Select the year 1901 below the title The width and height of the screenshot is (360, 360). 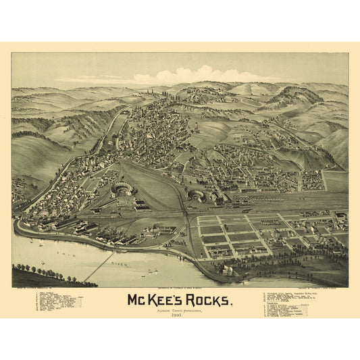pos(180,314)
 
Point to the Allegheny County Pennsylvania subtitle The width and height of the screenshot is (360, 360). pos(180,308)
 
